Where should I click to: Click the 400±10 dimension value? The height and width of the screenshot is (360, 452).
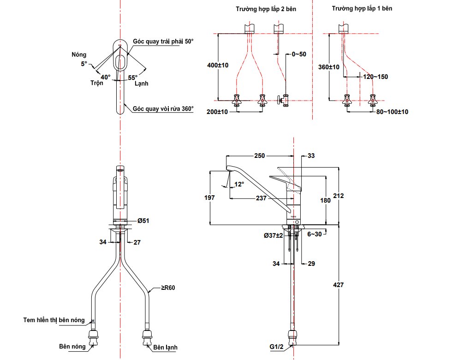218,66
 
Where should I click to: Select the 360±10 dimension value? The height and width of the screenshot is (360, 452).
329,67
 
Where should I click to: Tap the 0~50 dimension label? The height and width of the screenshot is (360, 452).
298,54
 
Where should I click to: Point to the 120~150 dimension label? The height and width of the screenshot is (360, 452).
375,77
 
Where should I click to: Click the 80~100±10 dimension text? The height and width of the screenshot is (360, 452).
392,112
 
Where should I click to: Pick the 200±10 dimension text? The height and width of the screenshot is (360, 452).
217,112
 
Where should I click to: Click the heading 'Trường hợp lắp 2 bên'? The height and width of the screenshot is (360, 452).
266,9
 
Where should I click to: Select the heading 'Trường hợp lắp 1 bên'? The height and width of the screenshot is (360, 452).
362,8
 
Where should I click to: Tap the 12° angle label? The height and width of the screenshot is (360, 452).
239,184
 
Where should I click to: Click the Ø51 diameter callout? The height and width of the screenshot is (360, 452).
143,221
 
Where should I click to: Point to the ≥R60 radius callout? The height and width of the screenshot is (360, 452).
168,288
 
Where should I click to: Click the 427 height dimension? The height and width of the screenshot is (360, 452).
339,285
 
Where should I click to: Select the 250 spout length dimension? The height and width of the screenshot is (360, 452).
260,156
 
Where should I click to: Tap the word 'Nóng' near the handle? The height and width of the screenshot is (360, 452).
79,54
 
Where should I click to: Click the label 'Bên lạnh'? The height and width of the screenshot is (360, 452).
165,347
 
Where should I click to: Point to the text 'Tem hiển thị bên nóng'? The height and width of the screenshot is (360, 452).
54,320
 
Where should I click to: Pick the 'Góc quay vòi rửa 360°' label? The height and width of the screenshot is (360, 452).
163,109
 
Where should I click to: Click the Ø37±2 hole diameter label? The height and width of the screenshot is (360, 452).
273,235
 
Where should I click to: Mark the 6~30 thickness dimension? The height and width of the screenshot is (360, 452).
315,234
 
